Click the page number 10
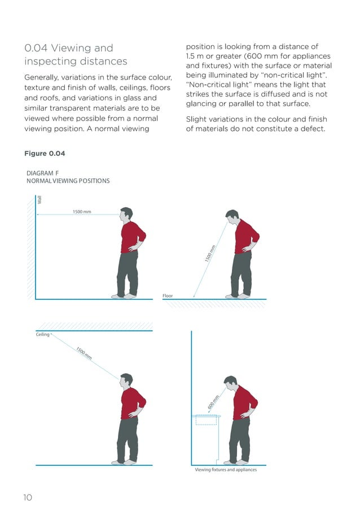(x=28, y=497)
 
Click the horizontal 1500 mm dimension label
(x=82, y=212)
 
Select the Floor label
(x=168, y=295)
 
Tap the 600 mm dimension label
(x=212, y=403)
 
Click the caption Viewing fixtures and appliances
(x=226, y=470)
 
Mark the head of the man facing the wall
(x=126, y=215)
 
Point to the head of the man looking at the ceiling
(x=126, y=381)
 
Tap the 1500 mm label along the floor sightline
(x=210, y=253)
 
